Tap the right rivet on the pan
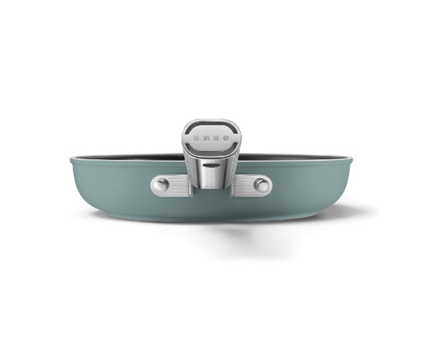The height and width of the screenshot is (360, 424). [x=261, y=186]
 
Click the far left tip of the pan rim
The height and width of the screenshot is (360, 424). [x=71, y=159]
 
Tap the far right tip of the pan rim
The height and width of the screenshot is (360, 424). [x=352, y=159]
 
